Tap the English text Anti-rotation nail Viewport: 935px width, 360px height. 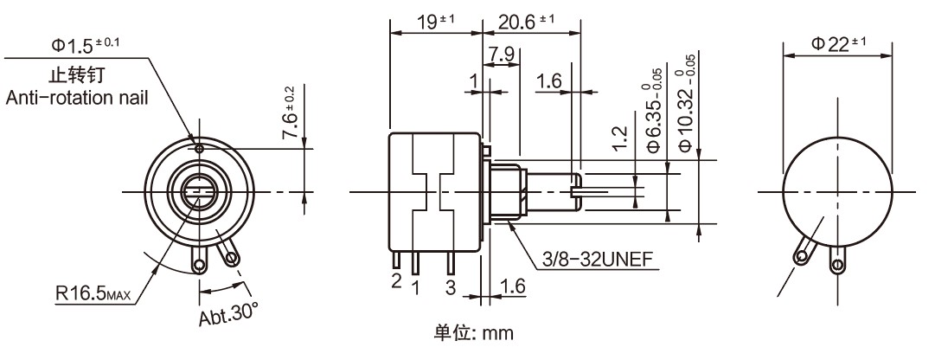(76, 98)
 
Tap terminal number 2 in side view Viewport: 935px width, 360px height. (396, 280)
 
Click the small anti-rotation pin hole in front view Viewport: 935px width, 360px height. (200, 149)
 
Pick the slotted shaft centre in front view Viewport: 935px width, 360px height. (199, 190)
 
